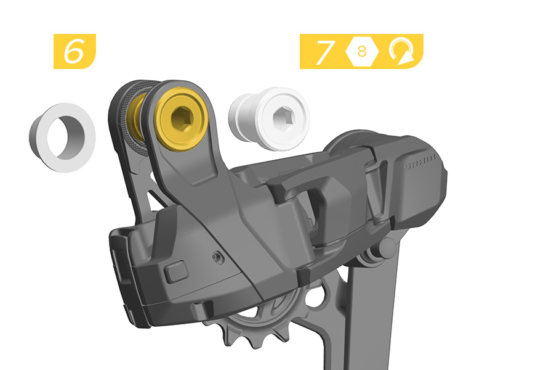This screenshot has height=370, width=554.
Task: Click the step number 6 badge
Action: pyautogui.click(x=74, y=51)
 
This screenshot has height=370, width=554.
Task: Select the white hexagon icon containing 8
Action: pyautogui.click(x=362, y=51)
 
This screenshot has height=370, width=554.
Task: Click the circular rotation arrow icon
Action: pyautogui.click(x=402, y=52)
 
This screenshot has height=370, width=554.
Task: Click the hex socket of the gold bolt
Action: pyautogui.click(x=182, y=119)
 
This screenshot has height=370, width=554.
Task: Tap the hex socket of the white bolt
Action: pyautogui.click(x=284, y=117)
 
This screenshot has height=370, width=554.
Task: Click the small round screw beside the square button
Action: pyautogui.click(x=217, y=257)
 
